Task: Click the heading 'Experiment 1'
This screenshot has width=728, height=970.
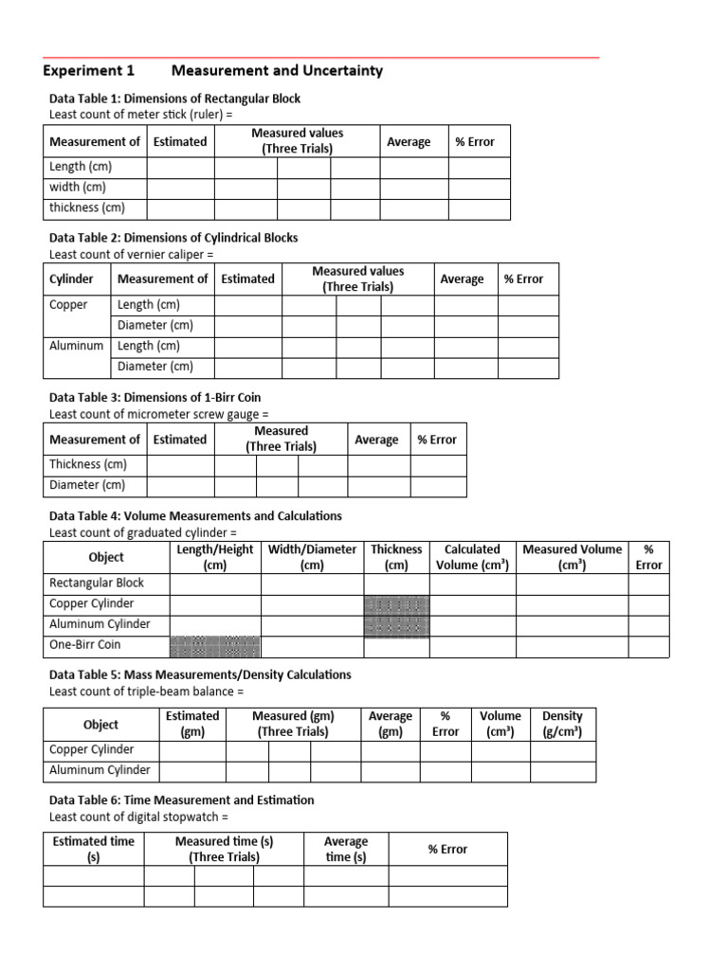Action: point(89,71)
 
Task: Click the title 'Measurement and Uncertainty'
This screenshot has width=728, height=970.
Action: point(277,71)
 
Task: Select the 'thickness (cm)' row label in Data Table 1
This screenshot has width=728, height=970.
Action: point(86,207)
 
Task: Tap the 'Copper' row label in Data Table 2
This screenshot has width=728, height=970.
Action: point(68,305)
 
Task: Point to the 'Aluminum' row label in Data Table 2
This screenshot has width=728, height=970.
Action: point(76,346)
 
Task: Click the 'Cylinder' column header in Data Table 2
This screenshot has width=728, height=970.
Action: point(71,278)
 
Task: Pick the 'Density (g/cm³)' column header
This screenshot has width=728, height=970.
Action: point(562,725)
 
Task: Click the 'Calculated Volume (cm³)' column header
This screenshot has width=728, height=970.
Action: point(472,557)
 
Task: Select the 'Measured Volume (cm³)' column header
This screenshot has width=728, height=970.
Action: point(572,557)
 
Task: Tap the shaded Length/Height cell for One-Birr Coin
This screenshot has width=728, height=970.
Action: point(214,646)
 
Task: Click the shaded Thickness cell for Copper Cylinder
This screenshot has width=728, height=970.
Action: point(396,604)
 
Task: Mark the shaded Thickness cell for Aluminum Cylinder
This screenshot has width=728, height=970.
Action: point(396,625)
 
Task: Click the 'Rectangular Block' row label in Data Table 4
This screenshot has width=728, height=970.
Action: point(97,583)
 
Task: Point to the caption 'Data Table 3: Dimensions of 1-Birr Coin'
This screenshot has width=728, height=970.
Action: point(155,397)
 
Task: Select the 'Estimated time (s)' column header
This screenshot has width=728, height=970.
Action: point(93,849)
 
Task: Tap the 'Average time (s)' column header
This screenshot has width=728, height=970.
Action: point(345,849)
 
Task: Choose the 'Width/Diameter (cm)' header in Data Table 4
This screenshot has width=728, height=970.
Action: point(312,557)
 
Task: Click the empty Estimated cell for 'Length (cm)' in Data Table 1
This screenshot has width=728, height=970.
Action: point(180,167)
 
